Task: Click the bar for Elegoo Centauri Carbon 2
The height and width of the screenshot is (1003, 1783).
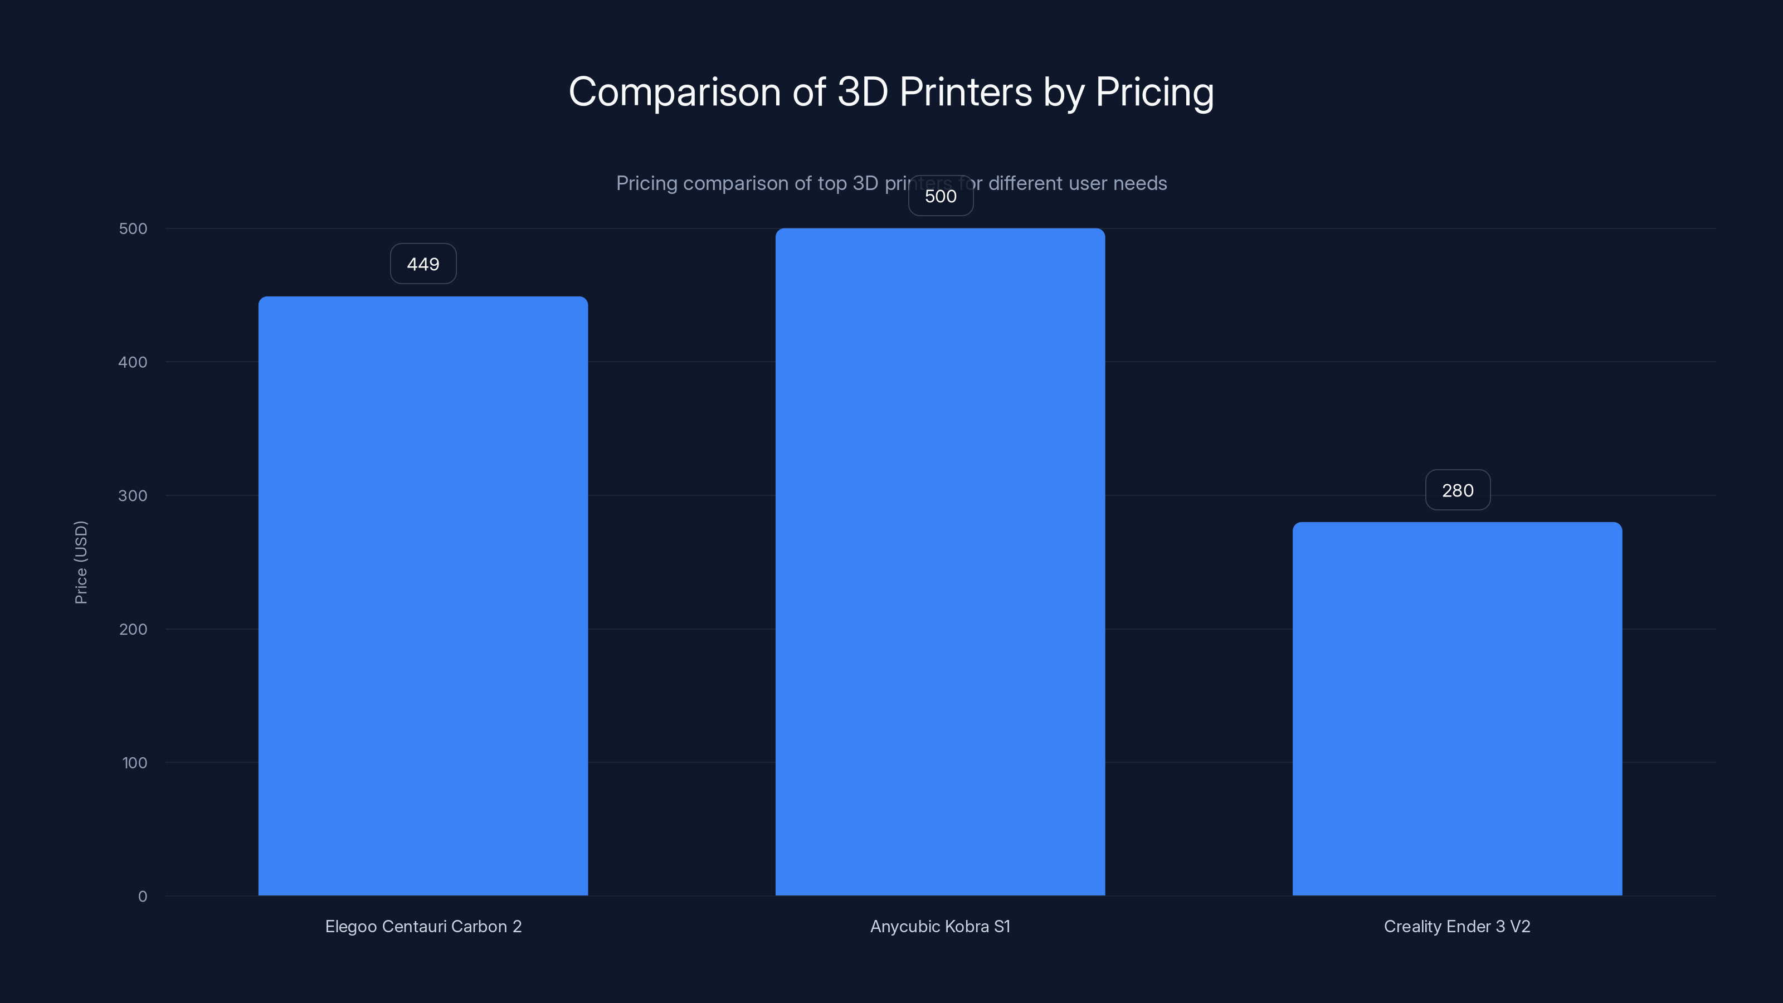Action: [x=423, y=595]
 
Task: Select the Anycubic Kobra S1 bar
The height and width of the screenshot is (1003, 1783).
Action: [x=940, y=561]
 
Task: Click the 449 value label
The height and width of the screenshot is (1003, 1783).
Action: [x=423, y=264]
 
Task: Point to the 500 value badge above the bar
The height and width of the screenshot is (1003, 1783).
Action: [x=941, y=196]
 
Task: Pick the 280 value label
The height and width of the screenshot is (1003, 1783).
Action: [x=1458, y=490]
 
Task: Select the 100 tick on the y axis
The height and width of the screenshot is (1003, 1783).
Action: [x=134, y=763]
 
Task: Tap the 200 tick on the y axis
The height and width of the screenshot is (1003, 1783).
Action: [x=133, y=629]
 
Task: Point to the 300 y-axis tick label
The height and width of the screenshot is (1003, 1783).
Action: [x=133, y=495]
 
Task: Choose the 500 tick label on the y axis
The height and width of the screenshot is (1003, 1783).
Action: [x=133, y=228]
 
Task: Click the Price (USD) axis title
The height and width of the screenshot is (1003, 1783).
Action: [x=81, y=562]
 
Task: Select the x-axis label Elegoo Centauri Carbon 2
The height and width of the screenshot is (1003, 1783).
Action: [x=423, y=926]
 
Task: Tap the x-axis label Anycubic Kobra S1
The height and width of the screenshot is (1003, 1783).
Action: [x=940, y=926]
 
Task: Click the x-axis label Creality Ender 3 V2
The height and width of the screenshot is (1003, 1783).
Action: [x=1457, y=926]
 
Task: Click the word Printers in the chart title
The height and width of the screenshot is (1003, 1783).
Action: [x=966, y=91]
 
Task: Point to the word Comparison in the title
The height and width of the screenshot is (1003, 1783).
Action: [x=674, y=91]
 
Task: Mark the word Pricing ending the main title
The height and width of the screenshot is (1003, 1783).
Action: [x=1154, y=91]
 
